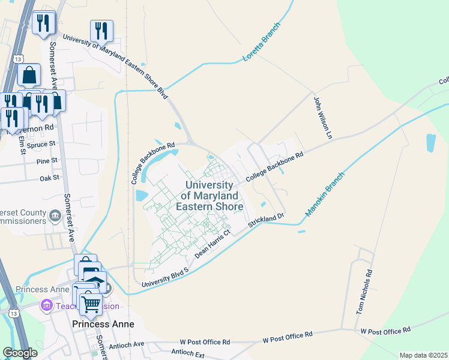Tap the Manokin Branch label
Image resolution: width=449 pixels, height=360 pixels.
pos(324,194)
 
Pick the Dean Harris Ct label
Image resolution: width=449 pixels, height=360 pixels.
pos(213,244)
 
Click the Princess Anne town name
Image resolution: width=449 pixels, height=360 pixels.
pos(103,323)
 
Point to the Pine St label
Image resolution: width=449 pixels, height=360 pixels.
pos(47,161)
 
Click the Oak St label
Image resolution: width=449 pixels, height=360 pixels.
pos(49,178)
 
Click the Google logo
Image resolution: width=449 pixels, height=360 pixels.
pos(20,353)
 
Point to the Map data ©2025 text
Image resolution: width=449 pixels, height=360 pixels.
pos(423,355)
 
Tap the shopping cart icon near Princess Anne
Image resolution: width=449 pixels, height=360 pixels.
pos(91,304)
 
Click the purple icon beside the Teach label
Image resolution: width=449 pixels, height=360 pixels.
pos(46,306)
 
